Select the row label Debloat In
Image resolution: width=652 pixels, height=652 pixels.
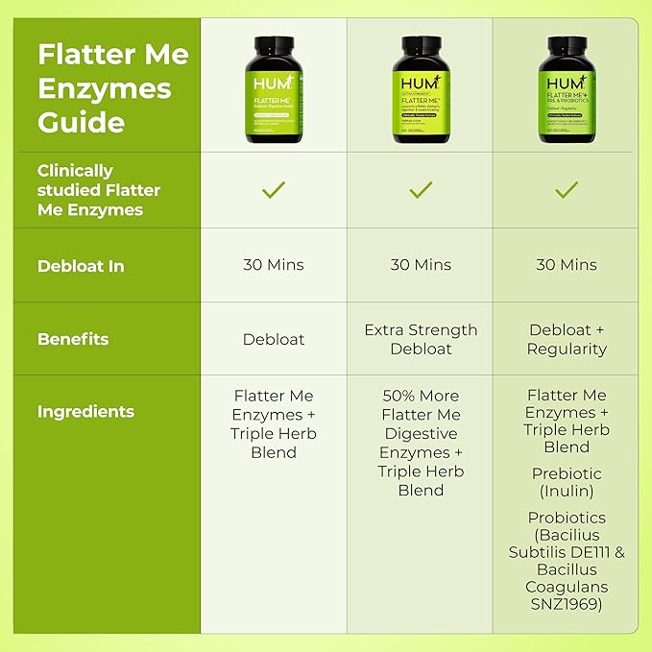[81, 266]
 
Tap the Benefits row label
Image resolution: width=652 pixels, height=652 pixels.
[73, 339]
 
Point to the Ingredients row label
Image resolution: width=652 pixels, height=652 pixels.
[85, 412]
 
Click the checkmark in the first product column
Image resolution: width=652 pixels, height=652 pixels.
[274, 190]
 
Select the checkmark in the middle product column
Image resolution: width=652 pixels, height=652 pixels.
[421, 190]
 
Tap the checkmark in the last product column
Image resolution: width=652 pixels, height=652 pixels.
[567, 190]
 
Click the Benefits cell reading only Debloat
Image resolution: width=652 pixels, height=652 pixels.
[274, 340]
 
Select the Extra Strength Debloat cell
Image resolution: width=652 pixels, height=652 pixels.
[421, 339]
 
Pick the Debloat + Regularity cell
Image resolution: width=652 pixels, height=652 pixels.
[567, 339]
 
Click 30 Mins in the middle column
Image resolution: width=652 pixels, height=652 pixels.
[421, 265]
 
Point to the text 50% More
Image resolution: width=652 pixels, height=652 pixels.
[421, 396]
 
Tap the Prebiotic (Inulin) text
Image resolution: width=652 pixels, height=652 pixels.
[567, 482]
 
